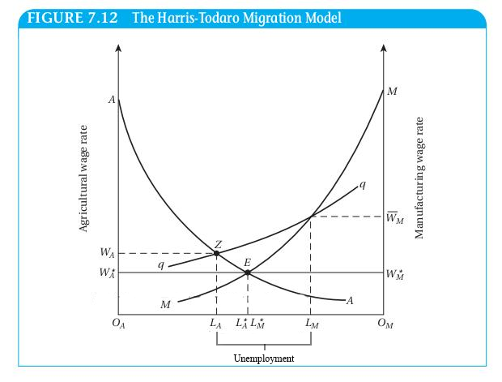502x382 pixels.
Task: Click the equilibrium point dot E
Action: (x=248, y=273)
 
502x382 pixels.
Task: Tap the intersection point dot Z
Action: (x=217, y=253)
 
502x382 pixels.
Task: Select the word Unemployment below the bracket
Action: (x=263, y=358)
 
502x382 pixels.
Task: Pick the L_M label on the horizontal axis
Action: (x=311, y=325)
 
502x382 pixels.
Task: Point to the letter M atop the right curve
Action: (x=392, y=90)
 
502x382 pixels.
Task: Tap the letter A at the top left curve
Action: (x=112, y=100)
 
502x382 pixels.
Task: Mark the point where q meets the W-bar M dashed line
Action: (x=311, y=217)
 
